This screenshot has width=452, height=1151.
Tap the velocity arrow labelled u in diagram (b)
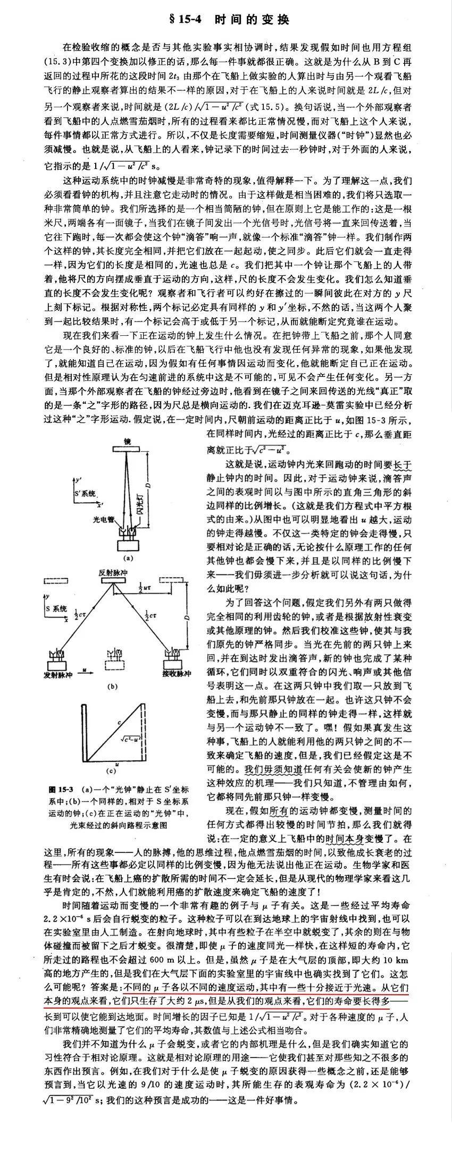click(x=85, y=673)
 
